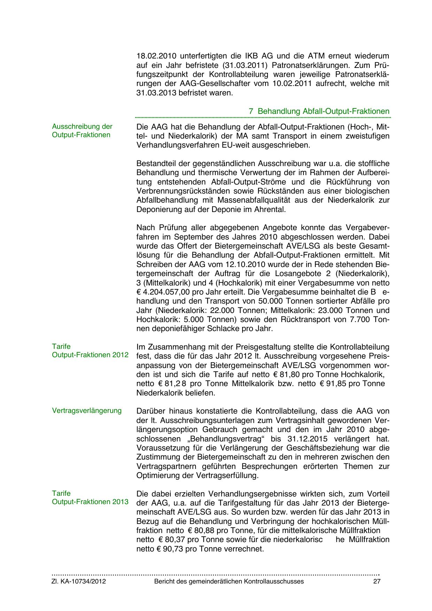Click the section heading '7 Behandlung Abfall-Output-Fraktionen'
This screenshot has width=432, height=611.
click(x=319, y=111)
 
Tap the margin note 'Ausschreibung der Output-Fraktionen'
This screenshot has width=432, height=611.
click(x=82, y=131)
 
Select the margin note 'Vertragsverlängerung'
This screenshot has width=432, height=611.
click(x=87, y=410)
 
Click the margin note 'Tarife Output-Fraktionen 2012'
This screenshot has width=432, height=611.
click(x=90, y=351)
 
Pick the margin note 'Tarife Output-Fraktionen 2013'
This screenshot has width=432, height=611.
click(x=90, y=498)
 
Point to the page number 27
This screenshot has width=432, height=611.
click(x=377, y=581)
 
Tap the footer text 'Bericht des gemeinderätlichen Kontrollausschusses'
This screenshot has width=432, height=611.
click(x=229, y=581)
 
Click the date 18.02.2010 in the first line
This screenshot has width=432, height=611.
click(x=156, y=56)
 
